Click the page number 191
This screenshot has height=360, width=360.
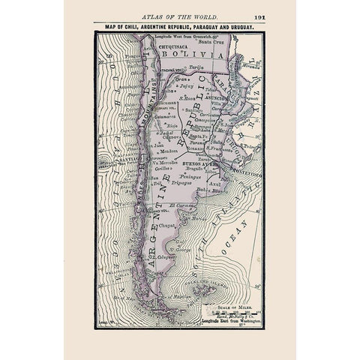click(x=258, y=14)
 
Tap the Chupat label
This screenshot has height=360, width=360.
click(x=167, y=223)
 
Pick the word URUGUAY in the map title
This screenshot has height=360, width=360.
click(x=244, y=25)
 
